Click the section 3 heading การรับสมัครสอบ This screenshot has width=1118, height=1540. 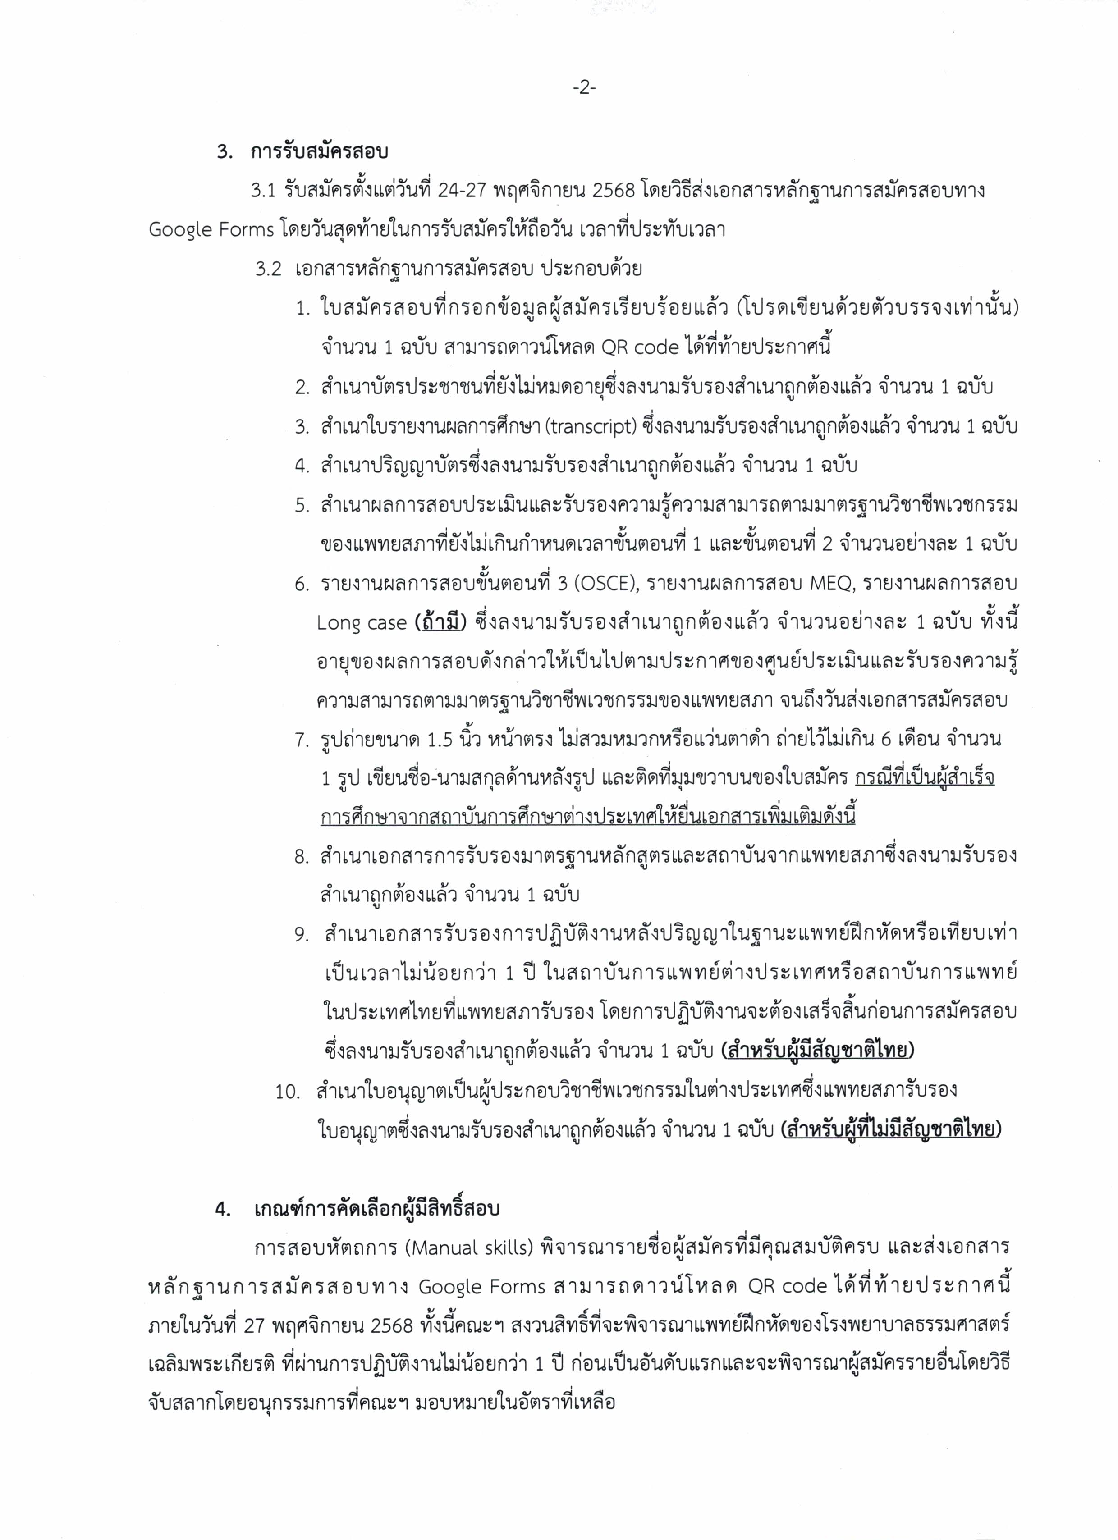coord(319,151)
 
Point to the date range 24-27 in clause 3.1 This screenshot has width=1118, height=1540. coord(462,191)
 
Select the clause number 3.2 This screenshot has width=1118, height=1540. coord(268,270)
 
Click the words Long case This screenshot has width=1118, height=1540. coord(362,623)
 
